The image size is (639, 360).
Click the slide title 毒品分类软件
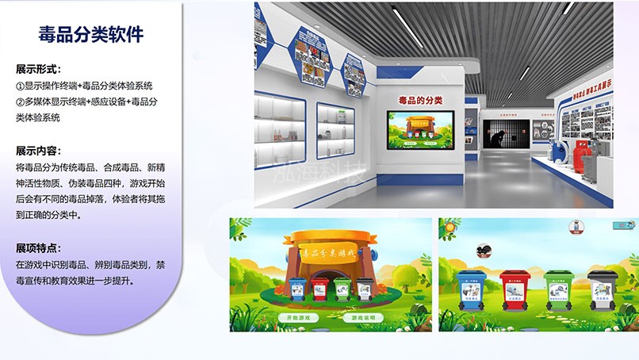pos(90,34)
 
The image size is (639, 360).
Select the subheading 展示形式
pos(38,70)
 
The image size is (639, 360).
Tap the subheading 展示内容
pos(38,151)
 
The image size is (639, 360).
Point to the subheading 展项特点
pos(38,247)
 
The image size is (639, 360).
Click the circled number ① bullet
pos(21,86)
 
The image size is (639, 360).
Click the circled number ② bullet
pos(21,101)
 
